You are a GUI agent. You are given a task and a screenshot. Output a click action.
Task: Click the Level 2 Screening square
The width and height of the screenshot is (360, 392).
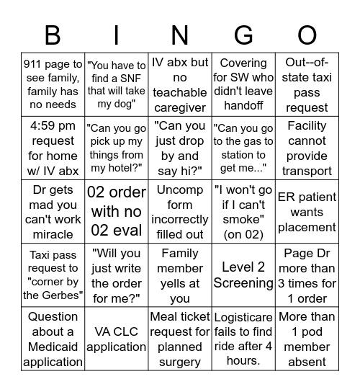[x=243, y=275]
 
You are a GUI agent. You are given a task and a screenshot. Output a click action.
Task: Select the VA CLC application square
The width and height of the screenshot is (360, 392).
[x=116, y=339]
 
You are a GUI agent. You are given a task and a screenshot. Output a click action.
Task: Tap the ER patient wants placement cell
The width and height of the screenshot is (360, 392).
[x=307, y=212]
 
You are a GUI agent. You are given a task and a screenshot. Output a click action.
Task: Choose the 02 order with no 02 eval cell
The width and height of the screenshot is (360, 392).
[x=116, y=212]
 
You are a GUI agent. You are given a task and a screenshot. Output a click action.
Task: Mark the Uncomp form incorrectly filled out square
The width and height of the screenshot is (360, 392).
[x=180, y=212]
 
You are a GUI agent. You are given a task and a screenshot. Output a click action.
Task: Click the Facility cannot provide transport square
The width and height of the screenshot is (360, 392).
[x=307, y=148]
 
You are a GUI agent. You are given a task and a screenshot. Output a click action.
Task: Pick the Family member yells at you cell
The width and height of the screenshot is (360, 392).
[x=180, y=275]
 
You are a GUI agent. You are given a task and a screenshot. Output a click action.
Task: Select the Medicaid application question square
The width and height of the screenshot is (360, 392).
[x=53, y=339]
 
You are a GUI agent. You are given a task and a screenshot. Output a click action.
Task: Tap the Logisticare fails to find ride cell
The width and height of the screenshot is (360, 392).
[x=243, y=339]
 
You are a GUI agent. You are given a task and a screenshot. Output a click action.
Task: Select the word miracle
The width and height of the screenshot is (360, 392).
[x=53, y=234]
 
